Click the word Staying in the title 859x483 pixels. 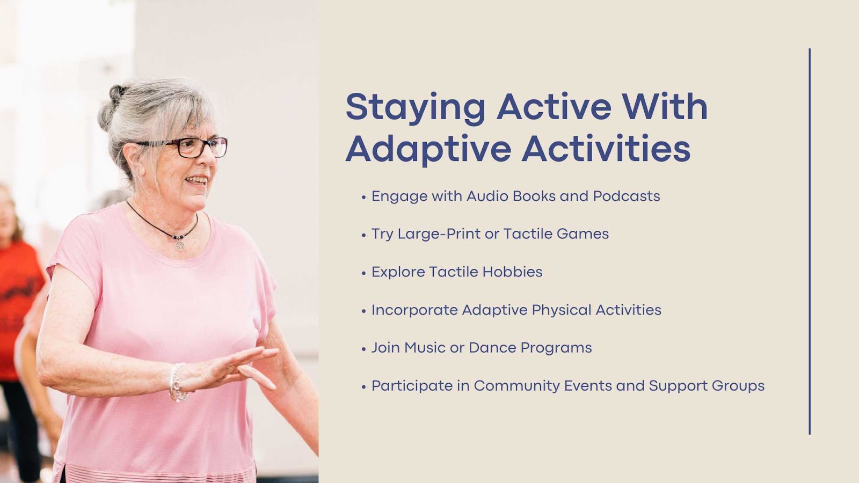point(416,108)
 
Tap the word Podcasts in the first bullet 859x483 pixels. point(627,196)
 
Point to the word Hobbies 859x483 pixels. point(512,272)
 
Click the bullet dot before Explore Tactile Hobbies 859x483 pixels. point(364,273)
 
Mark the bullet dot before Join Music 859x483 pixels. point(364,349)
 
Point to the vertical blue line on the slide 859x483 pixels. point(810,241)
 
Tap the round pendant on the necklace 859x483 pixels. point(180,245)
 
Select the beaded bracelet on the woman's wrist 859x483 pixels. point(177,383)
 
